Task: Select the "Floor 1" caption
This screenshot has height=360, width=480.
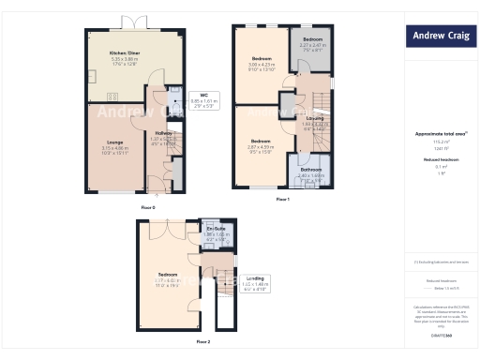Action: click(283, 200)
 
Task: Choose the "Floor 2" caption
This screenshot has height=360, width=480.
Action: click(204, 342)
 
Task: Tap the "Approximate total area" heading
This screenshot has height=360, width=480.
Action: click(440, 134)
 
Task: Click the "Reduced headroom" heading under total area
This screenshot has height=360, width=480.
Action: click(441, 160)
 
